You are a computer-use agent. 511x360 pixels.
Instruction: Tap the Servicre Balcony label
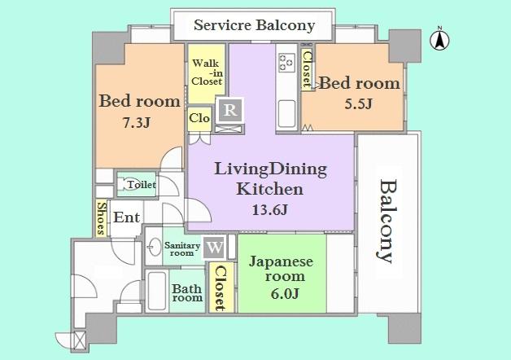(254, 25)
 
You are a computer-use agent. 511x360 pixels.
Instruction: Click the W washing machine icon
(215, 246)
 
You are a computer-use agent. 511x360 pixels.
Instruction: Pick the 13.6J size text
(269, 209)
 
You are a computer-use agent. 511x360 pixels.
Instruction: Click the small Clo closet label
(200, 118)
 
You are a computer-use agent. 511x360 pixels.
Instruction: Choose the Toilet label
(141, 186)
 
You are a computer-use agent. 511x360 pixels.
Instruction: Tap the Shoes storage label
(102, 218)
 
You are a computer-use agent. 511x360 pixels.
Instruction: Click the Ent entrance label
(127, 218)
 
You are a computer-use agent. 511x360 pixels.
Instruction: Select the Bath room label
(187, 292)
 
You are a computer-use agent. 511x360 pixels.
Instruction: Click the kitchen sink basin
(287, 109)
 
